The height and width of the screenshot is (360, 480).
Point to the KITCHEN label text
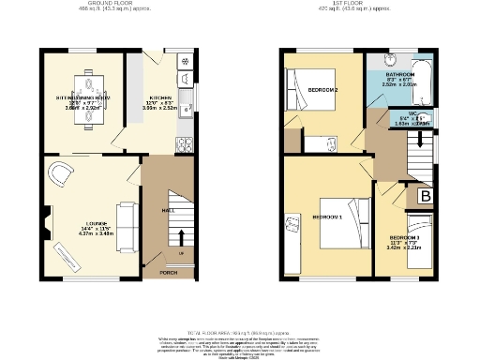click(x=161, y=97)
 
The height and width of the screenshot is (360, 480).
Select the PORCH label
click(x=168, y=272)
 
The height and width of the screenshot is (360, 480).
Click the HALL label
click(x=167, y=211)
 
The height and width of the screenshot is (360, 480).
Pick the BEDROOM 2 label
click(x=322, y=89)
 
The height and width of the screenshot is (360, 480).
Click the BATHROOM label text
click(x=399, y=73)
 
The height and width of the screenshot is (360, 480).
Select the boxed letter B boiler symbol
click(x=424, y=196)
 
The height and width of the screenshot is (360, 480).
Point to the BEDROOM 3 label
click(x=405, y=238)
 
